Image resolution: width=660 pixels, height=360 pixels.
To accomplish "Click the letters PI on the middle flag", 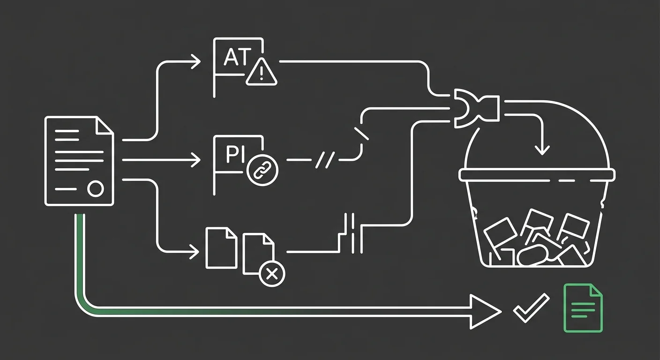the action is (x=235, y=154).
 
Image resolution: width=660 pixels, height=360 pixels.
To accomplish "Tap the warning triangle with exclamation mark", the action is (x=262, y=72).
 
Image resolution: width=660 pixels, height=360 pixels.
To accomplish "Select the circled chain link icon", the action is (x=262, y=170).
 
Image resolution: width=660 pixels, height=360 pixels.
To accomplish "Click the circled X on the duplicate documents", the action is (x=272, y=274).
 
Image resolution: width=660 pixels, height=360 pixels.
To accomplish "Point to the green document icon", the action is (x=583, y=308).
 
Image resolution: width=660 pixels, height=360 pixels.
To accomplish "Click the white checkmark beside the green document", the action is (x=531, y=308).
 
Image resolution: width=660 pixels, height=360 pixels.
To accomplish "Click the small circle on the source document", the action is (x=96, y=189).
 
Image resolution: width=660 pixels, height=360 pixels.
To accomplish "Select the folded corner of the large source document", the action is (x=105, y=126).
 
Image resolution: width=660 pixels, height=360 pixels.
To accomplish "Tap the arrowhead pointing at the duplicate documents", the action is (x=195, y=252).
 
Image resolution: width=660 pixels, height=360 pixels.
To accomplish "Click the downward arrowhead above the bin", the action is (x=542, y=150).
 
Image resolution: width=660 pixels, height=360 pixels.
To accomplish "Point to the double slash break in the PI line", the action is (x=325, y=160).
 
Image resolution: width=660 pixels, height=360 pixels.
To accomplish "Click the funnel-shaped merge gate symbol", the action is (x=477, y=108).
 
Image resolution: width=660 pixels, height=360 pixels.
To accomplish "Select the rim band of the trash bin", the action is (x=537, y=175).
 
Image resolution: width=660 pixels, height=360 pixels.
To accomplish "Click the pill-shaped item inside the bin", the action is (x=532, y=255).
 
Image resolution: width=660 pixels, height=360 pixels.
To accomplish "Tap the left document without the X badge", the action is (x=221, y=248).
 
